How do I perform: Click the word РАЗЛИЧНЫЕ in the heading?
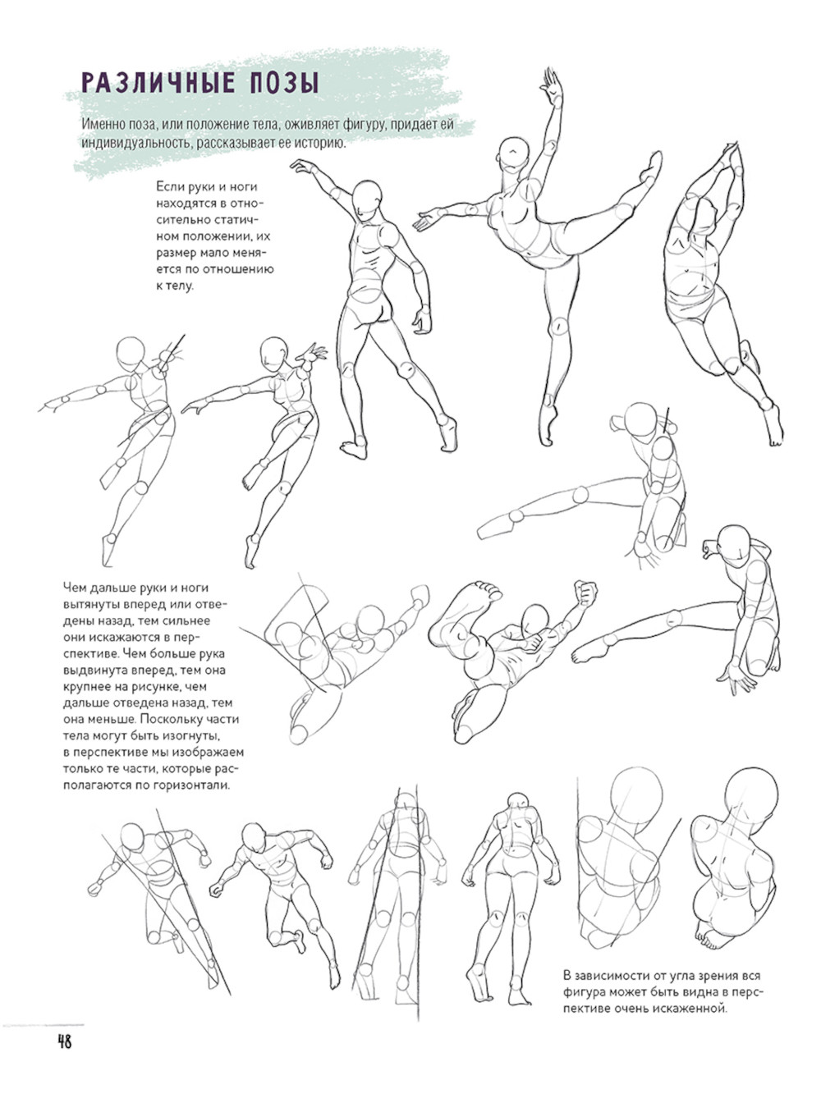click(158, 83)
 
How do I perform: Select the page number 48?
click(65, 1041)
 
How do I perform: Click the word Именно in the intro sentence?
click(100, 125)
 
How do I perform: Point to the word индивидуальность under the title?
click(135, 144)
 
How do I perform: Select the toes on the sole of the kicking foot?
click(488, 589)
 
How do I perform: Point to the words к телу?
click(175, 286)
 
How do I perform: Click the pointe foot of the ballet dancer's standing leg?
click(548, 424)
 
